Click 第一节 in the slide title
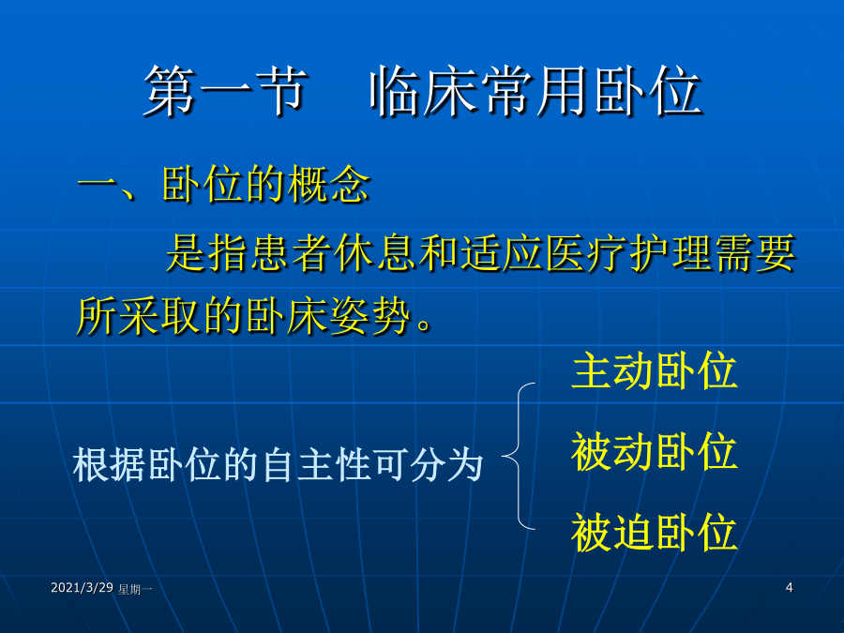point(225,90)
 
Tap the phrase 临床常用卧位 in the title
point(535,90)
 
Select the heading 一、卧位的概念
point(224,184)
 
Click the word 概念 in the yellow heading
point(328,184)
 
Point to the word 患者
point(271,253)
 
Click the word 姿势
point(370,315)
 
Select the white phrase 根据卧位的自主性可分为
point(278,464)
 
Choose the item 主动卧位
point(654,370)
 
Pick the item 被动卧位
point(654,452)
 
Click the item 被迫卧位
point(654,533)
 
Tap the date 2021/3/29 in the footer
point(82,587)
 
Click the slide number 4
point(789,587)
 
